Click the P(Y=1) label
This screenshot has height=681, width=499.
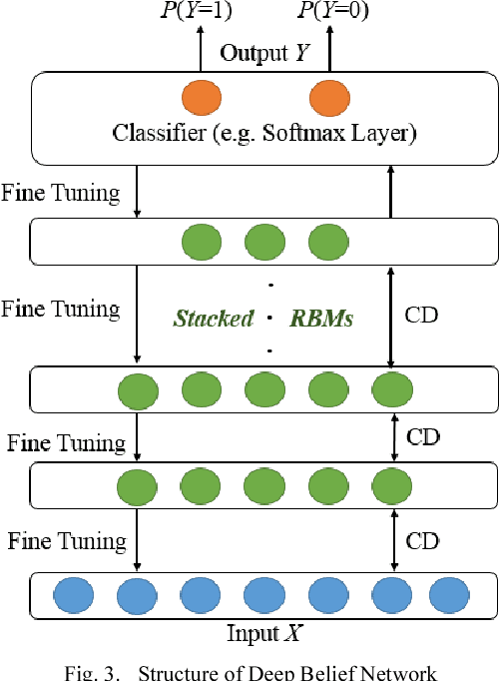(x=196, y=12)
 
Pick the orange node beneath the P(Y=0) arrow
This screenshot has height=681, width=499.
(x=328, y=99)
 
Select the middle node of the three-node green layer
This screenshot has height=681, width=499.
(x=264, y=241)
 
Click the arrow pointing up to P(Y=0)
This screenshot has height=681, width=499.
(x=328, y=48)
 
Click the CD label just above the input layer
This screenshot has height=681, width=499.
(x=423, y=541)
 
